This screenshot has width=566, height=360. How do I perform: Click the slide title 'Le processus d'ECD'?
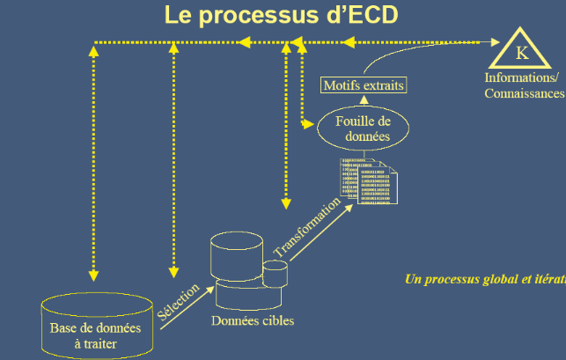click(279, 16)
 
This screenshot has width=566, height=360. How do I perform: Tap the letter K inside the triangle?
click(522, 54)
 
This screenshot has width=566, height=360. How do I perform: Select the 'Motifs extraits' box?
click(364, 86)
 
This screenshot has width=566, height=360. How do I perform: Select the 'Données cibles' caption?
click(253, 320)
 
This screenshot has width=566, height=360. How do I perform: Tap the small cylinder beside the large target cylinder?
click(276, 274)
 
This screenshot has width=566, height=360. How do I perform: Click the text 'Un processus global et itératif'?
click(485, 279)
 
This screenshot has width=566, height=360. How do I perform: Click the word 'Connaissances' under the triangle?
click(525, 92)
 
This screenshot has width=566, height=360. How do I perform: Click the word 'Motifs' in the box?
click(342, 86)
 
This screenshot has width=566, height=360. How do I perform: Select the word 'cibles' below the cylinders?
click(277, 320)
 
